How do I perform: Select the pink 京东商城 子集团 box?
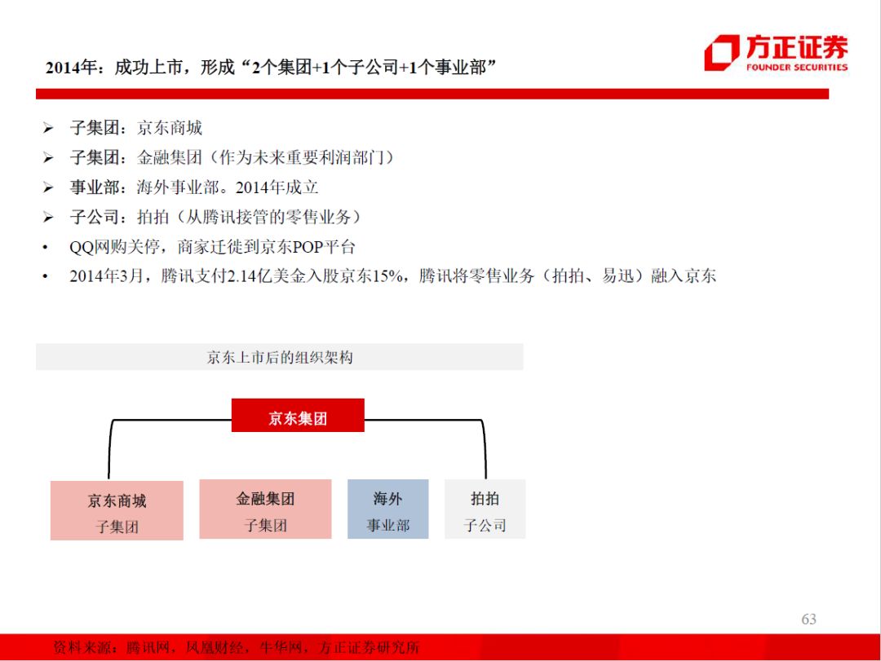click(117, 511)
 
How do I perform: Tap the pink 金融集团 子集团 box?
click(265, 509)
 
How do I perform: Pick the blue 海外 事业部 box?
click(387, 509)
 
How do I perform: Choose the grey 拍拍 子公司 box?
click(485, 509)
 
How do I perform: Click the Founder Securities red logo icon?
click(721, 53)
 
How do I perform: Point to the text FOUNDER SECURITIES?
click(796, 68)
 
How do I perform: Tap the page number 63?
click(808, 619)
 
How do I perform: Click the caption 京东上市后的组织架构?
click(280, 358)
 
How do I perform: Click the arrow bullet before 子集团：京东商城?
click(48, 129)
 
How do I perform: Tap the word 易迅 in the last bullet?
click(616, 276)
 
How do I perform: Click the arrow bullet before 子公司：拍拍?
click(48, 218)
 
